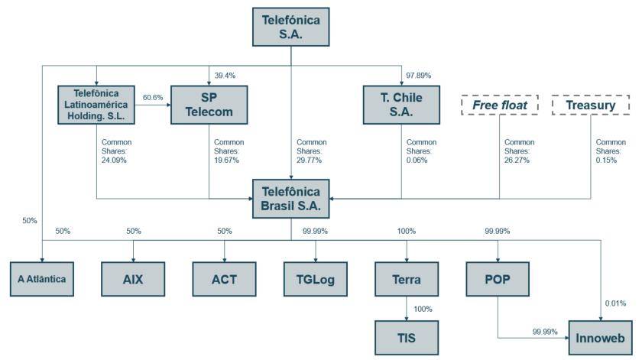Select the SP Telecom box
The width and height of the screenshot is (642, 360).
click(209, 104)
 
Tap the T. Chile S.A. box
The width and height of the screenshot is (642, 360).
click(402, 104)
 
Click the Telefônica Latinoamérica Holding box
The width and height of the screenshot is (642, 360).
click(96, 104)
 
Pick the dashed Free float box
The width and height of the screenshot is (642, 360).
click(500, 105)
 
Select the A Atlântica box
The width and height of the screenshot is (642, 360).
click(43, 278)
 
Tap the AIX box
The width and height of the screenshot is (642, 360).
click(133, 278)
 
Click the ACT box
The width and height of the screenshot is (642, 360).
click(224, 278)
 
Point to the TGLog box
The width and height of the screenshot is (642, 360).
click(315, 278)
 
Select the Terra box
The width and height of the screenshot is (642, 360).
click(406, 278)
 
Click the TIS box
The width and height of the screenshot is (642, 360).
click(406, 337)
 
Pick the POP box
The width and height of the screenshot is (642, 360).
click(498, 278)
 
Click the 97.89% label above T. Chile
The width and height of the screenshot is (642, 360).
click(419, 75)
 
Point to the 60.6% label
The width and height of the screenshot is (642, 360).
click(153, 98)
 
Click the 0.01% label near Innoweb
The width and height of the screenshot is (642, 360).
click(614, 303)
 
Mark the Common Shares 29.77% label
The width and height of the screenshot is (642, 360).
click(311, 151)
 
